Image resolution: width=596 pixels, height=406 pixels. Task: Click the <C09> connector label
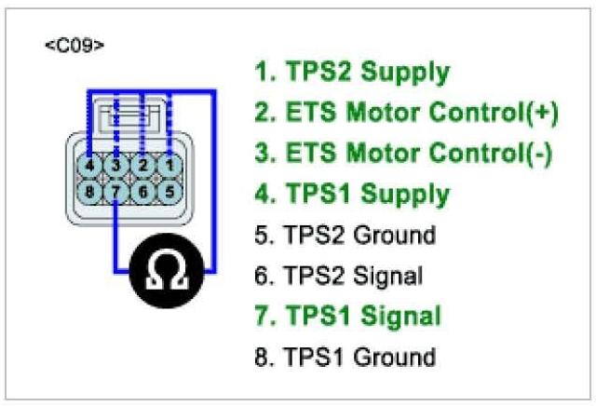tap(74, 45)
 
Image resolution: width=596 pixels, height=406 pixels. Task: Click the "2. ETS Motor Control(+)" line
tap(406, 114)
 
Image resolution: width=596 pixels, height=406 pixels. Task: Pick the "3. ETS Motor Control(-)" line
tap(403, 154)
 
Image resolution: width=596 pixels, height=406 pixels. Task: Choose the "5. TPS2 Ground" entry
tap(344, 236)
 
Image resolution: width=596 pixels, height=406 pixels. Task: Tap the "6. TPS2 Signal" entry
tap(338, 276)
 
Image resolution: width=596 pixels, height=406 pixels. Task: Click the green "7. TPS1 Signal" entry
tap(346, 316)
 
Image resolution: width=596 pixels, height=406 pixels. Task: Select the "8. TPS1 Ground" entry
tap(344, 356)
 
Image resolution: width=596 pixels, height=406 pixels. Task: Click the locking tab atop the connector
tap(129, 115)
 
